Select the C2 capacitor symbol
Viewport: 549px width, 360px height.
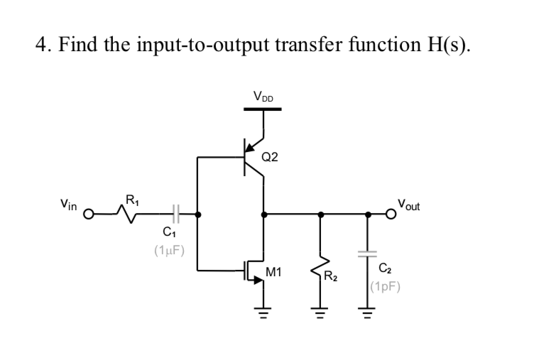click(368, 253)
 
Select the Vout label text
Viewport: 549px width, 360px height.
click(408, 205)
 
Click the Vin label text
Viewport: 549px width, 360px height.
click(70, 204)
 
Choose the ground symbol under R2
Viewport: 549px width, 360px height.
click(320, 310)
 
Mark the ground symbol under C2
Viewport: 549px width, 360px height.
click(368, 310)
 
